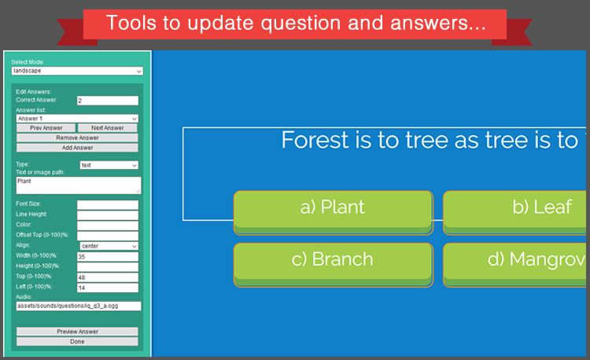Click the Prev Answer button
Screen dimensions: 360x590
click(46, 128)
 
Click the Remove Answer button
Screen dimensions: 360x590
click(77, 138)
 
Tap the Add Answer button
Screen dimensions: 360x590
click(77, 147)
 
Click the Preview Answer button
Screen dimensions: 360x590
click(77, 332)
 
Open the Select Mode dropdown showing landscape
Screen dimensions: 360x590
click(77, 71)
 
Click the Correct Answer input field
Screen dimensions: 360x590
click(107, 101)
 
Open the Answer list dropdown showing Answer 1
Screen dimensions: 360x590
click(77, 119)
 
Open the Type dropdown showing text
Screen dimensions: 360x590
click(109, 165)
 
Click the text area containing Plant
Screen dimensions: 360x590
click(77, 185)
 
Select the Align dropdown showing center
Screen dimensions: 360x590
click(109, 246)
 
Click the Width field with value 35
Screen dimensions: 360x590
click(107, 256)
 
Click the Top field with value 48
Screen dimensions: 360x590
click(107, 277)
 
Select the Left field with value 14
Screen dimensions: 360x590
click(107, 288)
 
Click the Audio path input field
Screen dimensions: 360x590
click(77, 306)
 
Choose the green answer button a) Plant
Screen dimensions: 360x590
click(333, 208)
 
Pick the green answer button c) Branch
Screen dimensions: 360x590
click(333, 260)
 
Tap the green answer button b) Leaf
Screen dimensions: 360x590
click(516, 208)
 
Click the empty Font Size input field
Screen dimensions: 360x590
click(107, 205)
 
